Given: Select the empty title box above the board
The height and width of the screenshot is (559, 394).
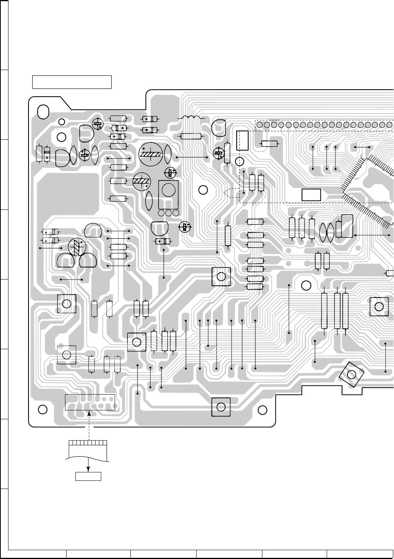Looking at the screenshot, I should coord(72,82).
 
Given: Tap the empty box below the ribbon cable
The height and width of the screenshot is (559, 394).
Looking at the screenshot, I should coord(88,476).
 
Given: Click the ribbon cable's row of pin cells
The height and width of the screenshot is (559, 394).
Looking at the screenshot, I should coord(88,442).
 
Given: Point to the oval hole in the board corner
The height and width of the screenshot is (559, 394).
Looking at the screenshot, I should coord(43,111).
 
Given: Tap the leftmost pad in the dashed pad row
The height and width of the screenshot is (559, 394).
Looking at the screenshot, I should coord(260,125).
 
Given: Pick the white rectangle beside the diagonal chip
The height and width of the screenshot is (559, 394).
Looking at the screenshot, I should coord(311,195).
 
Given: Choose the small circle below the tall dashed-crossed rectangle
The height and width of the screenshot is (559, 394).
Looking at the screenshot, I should coord(240,161).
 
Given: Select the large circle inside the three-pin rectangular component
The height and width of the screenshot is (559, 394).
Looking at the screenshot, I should coord(168,189).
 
